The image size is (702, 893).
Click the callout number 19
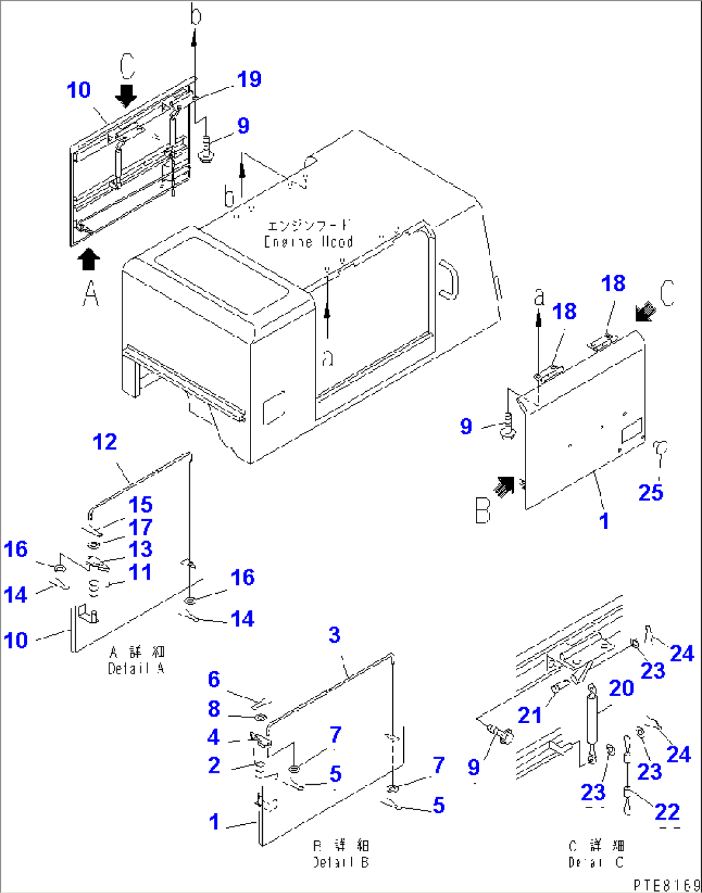click(x=249, y=79)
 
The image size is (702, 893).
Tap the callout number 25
click(x=650, y=493)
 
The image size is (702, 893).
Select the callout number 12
click(x=105, y=442)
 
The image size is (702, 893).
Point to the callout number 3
click(x=334, y=635)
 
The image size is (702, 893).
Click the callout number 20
click(x=621, y=688)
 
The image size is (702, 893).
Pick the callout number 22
click(x=667, y=812)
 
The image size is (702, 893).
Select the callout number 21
click(x=529, y=715)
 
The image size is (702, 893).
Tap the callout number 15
click(x=140, y=505)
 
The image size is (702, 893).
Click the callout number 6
click(x=214, y=679)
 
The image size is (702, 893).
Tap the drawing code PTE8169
click(x=666, y=885)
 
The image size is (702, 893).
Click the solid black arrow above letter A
click(x=89, y=260)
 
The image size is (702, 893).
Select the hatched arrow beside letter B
click(x=504, y=486)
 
